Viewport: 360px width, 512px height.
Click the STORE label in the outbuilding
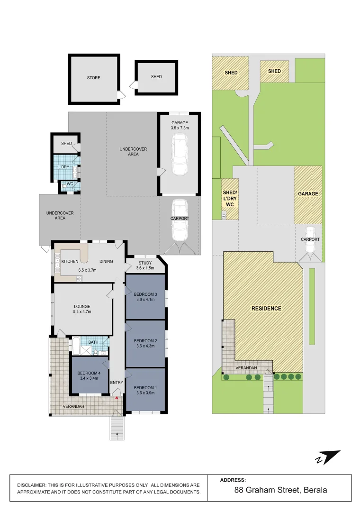pos(93,78)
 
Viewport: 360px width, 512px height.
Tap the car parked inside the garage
pos(180,154)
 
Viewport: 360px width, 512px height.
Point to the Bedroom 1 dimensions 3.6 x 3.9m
pos(145,393)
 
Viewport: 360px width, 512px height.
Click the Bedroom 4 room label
pos(90,373)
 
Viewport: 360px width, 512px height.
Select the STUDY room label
pos(145,263)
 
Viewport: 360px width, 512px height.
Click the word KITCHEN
pos(70,261)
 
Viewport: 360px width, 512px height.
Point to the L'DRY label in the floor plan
pos(64,167)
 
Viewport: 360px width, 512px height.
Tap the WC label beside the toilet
pos(69,184)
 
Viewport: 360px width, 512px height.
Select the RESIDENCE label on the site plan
pos(266,308)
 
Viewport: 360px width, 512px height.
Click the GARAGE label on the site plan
pos(308,193)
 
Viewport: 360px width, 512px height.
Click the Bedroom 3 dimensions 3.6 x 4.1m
pos(145,300)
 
